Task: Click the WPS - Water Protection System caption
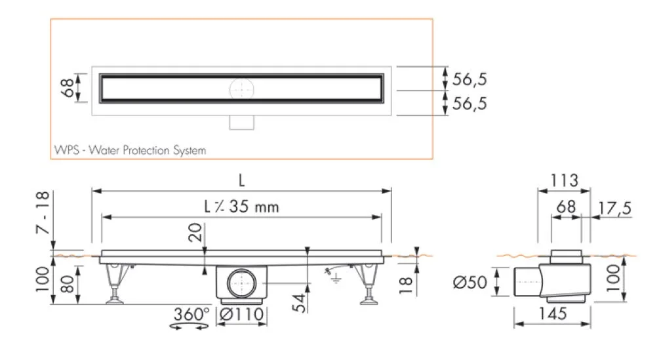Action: point(129,150)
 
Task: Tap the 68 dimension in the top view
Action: point(66,87)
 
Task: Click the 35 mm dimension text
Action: point(252,207)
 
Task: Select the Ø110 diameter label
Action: point(242,315)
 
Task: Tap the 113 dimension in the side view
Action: point(563,180)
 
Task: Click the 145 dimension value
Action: point(552,314)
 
